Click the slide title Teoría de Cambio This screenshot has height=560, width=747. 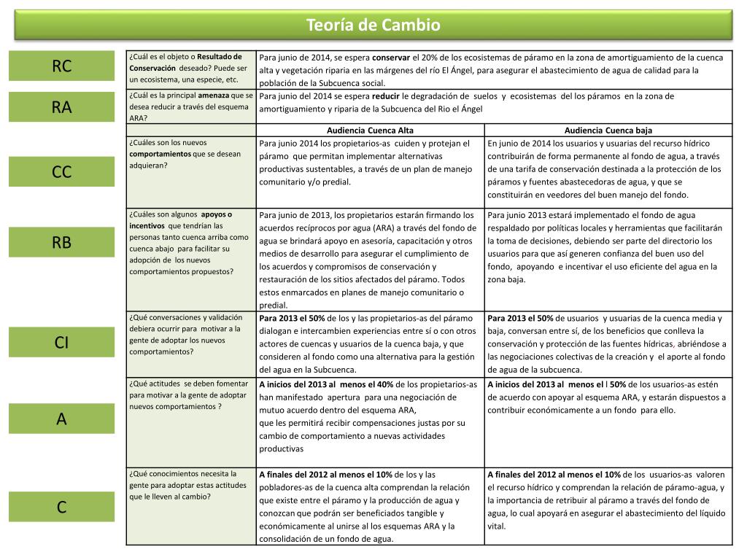[373, 26]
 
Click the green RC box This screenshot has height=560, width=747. [62, 66]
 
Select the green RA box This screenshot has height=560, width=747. [62, 107]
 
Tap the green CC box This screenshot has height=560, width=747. [62, 171]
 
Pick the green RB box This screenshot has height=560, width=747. [62, 243]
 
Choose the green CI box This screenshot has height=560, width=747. [62, 343]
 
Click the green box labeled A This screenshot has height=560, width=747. [62, 419]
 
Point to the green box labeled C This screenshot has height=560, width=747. [62, 507]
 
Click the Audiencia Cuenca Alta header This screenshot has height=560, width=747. [371, 131]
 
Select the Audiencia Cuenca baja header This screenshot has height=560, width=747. [608, 131]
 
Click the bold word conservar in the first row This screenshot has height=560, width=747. [391, 57]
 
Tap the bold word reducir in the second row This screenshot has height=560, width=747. [386, 96]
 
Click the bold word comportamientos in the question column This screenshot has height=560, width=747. [160, 154]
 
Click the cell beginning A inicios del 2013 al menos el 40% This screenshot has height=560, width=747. [371, 416]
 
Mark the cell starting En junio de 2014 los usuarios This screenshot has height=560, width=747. [608, 168]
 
